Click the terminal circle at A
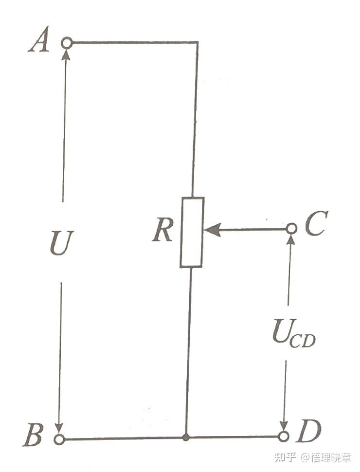(x=67, y=43)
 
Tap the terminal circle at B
(x=59, y=439)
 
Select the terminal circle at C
(x=291, y=228)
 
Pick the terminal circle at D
(x=284, y=436)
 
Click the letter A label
(x=39, y=42)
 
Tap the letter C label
(x=317, y=224)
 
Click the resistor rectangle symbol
(x=192, y=232)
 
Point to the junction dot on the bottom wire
(x=185, y=437)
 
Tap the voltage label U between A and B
(x=62, y=242)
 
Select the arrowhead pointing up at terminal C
(x=290, y=239)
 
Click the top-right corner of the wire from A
(x=197, y=43)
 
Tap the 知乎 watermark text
(x=285, y=457)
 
